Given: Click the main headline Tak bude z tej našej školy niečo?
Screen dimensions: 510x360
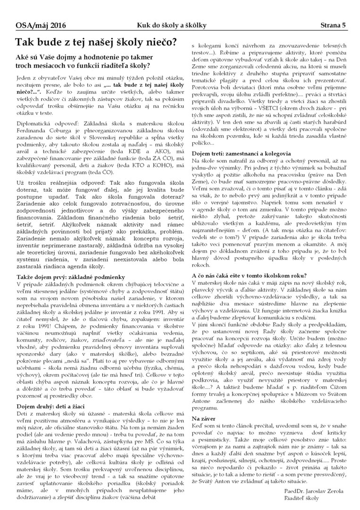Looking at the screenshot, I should (97, 42).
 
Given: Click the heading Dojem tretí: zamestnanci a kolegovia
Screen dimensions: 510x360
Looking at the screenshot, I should (241, 153).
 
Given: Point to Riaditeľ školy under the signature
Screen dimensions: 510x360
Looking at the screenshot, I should (304, 499).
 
